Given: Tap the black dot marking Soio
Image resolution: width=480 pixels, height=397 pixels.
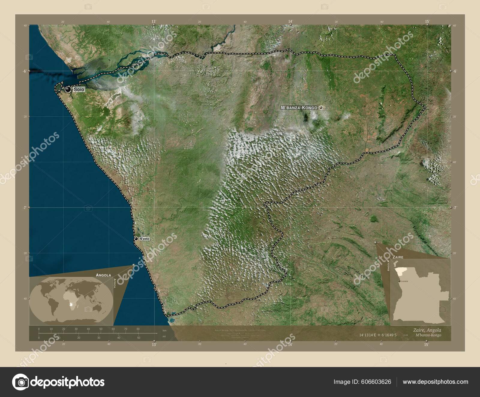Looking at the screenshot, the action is tap(68, 89).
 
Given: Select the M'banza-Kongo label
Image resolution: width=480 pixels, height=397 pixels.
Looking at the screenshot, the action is tap(299, 107).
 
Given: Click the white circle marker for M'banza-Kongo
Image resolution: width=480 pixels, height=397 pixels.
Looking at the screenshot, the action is tap(321, 107).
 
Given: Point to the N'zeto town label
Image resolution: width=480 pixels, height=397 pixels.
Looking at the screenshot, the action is tap(144, 239).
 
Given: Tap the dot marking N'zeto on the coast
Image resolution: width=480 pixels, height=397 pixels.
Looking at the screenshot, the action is tap(136, 239).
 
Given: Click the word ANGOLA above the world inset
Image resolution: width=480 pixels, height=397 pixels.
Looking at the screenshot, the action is tap(103, 275).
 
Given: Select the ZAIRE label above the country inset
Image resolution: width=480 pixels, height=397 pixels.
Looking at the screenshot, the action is tap(396, 257).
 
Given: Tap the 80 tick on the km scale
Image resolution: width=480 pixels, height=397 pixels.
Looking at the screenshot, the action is tap(138, 329).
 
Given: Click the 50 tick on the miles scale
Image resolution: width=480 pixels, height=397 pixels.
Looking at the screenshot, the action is tap(139, 338).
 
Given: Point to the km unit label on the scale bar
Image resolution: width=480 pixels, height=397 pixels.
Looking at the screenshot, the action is tap(164, 330).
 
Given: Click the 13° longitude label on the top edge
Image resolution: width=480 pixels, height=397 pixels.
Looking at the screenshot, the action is tap(154, 21).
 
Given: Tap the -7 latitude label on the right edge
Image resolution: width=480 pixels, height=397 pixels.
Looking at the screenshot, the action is tap(455, 207).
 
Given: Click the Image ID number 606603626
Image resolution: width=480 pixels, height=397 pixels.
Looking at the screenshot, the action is tap(377, 382).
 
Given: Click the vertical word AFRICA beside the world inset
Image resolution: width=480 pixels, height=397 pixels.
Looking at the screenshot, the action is tap(115, 283).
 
